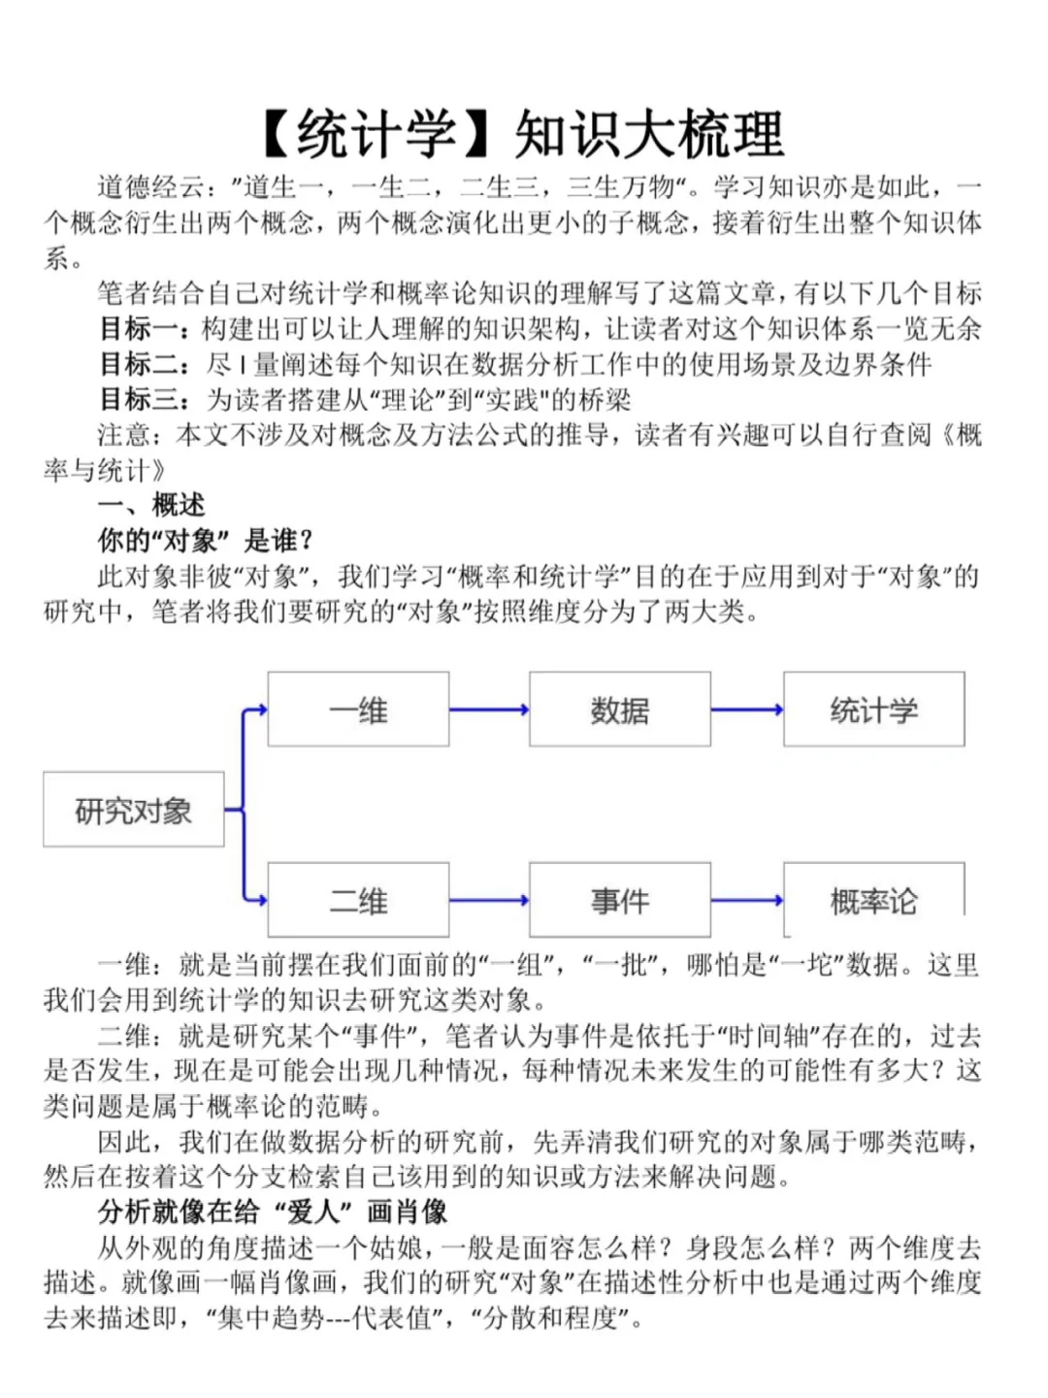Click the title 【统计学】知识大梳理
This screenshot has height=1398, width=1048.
click(x=523, y=134)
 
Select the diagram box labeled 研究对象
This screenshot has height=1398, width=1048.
click(x=134, y=810)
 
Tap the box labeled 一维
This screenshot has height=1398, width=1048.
click(x=358, y=710)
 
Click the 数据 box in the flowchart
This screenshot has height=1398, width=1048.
click(x=619, y=710)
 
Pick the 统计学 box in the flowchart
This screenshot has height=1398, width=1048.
click(x=873, y=710)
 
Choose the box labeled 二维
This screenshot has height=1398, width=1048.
click(x=358, y=900)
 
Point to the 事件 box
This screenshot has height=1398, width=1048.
click(x=619, y=900)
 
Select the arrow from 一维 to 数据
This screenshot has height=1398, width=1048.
click(x=489, y=710)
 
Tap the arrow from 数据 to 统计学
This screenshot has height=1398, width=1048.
click(x=746, y=710)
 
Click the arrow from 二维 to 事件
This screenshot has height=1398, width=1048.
click(x=489, y=900)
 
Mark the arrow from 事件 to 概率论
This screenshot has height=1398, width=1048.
click(x=746, y=900)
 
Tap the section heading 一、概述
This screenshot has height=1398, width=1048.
click(x=151, y=506)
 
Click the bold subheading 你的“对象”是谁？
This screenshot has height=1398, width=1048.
click(x=206, y=541)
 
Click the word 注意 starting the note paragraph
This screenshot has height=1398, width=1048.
click(x=124, y=435)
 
